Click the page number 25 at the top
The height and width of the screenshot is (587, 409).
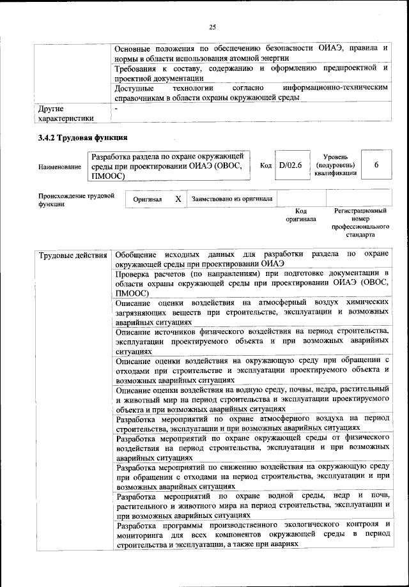click(x=213, y=26)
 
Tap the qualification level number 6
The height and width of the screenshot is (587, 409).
click(x=376, y=165)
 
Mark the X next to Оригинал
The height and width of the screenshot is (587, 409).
click(x=178, y=199)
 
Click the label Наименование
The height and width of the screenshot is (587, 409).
click(x=60, y=167)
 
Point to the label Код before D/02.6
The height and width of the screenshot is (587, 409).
click(x=266, y=165)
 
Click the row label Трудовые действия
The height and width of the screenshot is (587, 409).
click(x=73, y=255)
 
